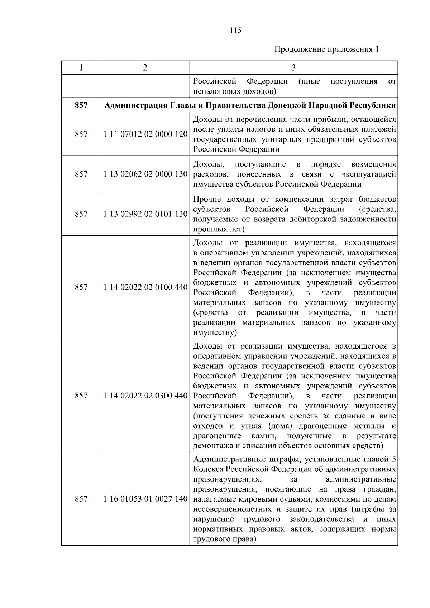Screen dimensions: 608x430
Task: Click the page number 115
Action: point(235,30)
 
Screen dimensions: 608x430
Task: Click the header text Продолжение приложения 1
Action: point(326,49)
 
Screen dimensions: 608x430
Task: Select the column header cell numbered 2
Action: point(145,68)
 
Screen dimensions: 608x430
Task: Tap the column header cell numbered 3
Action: point(293,68)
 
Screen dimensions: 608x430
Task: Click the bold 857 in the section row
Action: point(81,106)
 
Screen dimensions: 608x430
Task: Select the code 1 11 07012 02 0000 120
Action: point(145,134)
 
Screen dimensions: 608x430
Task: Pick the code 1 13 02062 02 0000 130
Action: point(145,174)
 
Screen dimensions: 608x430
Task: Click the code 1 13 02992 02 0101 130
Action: point(145,214)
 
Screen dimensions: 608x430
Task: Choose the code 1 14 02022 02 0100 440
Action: point(145,287)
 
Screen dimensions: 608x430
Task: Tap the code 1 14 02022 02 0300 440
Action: point(145,396)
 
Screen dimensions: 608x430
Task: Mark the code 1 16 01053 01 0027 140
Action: point(145,499)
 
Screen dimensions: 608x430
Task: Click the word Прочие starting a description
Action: point(207,199)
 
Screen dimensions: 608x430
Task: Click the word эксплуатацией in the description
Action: point(369,174)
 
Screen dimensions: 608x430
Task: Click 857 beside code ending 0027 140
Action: point(81,499)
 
